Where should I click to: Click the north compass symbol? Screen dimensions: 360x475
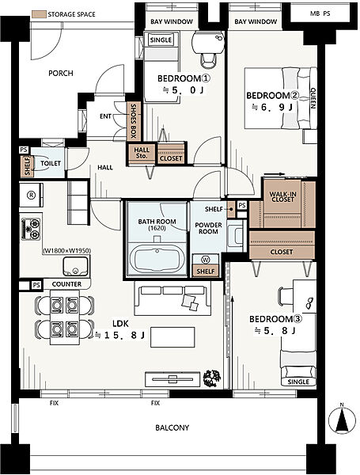click(342, 421)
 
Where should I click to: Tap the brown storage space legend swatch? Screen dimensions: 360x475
click(39, 14)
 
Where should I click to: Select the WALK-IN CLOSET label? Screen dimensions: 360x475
click(282, 197)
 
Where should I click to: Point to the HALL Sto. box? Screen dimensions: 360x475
click(142, 153)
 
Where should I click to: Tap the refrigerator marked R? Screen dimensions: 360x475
click(31, 195)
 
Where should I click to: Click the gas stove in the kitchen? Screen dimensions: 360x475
click(31, 229)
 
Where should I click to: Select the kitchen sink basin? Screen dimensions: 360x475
click(76, 266)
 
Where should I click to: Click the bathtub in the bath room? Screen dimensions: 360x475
click(157, 259)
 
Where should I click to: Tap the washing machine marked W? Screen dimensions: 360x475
click(206, 260)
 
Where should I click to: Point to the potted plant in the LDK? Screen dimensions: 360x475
click(211, 378)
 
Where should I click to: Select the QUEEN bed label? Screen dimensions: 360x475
click(313, 98)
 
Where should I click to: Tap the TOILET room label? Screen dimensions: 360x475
click(51, 163)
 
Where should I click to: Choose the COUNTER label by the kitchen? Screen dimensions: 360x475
click(66, 284)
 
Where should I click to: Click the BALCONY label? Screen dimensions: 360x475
click(172, 427)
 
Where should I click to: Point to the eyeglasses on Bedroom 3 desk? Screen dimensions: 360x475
click(309, 303)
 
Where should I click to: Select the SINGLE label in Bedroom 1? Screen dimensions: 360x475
click(161, 40)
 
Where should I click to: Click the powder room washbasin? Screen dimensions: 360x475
click(236, 236)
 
